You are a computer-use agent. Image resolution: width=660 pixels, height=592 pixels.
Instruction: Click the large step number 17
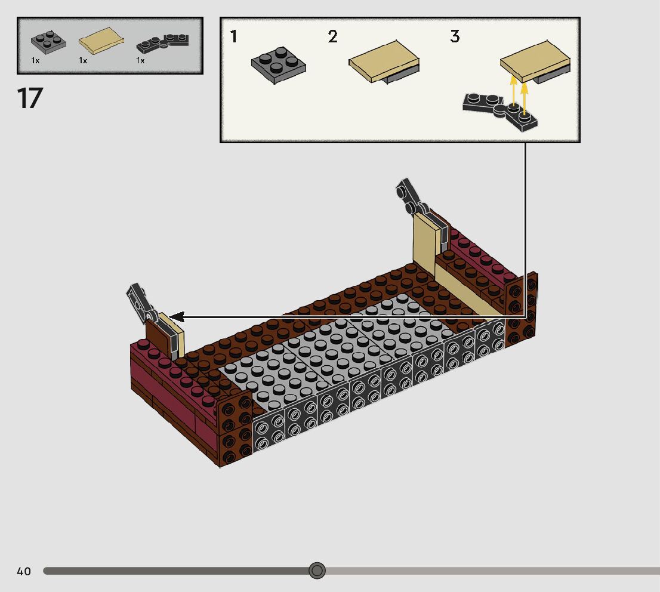(x=30, y=98)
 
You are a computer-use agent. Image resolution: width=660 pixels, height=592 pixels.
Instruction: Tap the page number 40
(x=24, y=571)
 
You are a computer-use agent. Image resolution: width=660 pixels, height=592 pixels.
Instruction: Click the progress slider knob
(x=317, y=571)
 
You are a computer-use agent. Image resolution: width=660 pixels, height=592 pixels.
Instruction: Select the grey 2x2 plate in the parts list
(x=48, y=42)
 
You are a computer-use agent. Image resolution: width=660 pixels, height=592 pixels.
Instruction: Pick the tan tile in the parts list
(x=101, y=41)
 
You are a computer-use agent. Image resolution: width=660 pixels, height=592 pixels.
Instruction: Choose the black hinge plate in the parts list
(x=162, y=42)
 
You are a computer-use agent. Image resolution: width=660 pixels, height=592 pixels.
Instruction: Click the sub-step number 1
(x=233, y=36)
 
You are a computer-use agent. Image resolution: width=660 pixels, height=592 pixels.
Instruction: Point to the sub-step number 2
(x=332, y=36)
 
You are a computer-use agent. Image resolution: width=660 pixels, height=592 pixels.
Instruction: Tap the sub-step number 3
(x=455, y=36)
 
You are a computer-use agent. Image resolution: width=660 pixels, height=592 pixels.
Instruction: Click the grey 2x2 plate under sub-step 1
(x=278, y=65)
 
